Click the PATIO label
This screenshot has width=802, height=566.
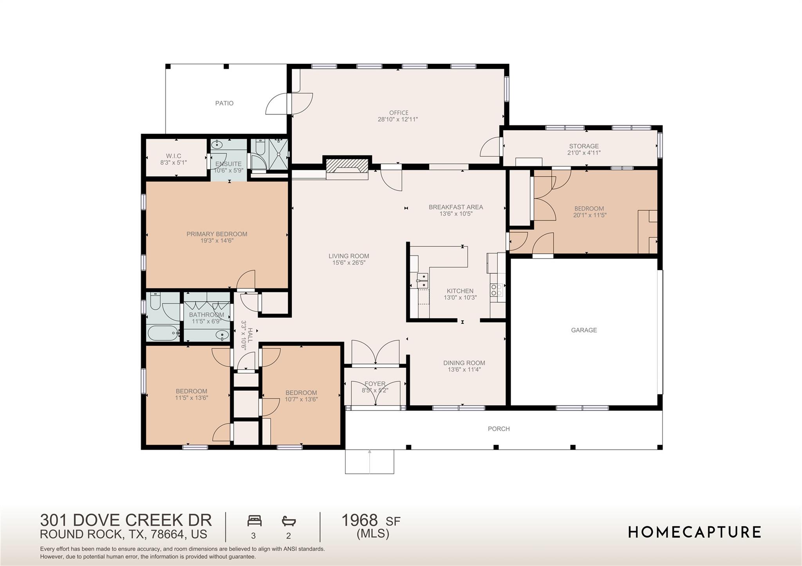click(x=224, y=103)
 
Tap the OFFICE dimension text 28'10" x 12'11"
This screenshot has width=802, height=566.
click(x=397, y=120)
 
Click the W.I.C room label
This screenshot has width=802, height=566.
click(x=173, y=156)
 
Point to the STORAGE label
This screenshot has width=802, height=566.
click(x=584, y=146)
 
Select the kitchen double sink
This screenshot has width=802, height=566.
click(x=422, y=281)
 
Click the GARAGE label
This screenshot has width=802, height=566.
click(x=584, y=330)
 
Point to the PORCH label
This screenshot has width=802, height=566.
click(x=499, y=429)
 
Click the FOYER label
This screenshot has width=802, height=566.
click(x=375, y=384)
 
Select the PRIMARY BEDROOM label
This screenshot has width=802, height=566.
click(x=217, y=234)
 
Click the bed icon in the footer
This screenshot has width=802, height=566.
click(x=254, y=521)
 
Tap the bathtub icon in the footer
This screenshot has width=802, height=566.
click(x=289, y=521)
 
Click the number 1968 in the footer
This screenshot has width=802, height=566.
click(x=359, y=520)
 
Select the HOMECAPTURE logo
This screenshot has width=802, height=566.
click(x=694, y=532)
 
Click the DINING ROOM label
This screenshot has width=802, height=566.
click(x=464, y=363)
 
